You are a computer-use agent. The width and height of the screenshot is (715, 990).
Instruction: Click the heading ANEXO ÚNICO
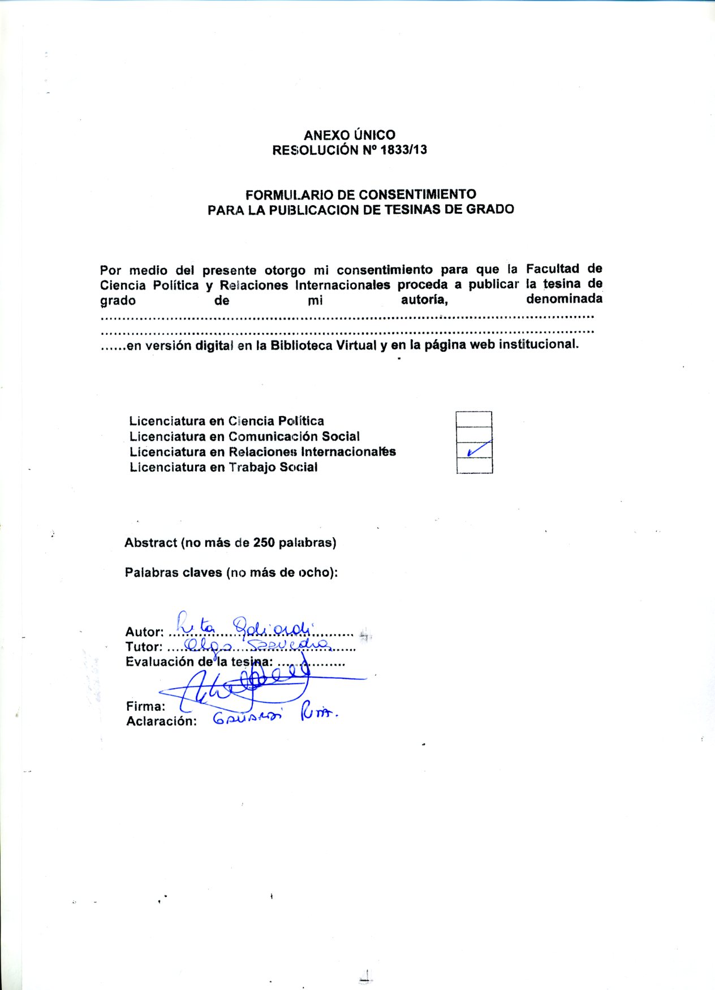tap(349, 135)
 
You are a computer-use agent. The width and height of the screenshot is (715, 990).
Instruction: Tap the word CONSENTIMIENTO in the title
tap(417, 194)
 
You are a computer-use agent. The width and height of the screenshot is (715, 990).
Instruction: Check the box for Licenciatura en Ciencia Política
tap(473, 420)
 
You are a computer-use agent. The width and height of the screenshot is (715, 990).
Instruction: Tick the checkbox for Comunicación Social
tap(473, 435)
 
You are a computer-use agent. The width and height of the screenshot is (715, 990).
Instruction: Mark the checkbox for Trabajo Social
tap(474, 465)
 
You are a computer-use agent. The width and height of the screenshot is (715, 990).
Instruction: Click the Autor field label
tap(144, 632)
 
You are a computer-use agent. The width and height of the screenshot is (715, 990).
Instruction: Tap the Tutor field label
tap(144, 647)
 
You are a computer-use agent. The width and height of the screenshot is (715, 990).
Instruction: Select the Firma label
tap(145, 706)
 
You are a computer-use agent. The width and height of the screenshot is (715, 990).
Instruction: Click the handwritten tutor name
tap(257, 644)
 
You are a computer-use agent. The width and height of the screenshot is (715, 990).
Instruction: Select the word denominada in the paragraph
tap(564, 299)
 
